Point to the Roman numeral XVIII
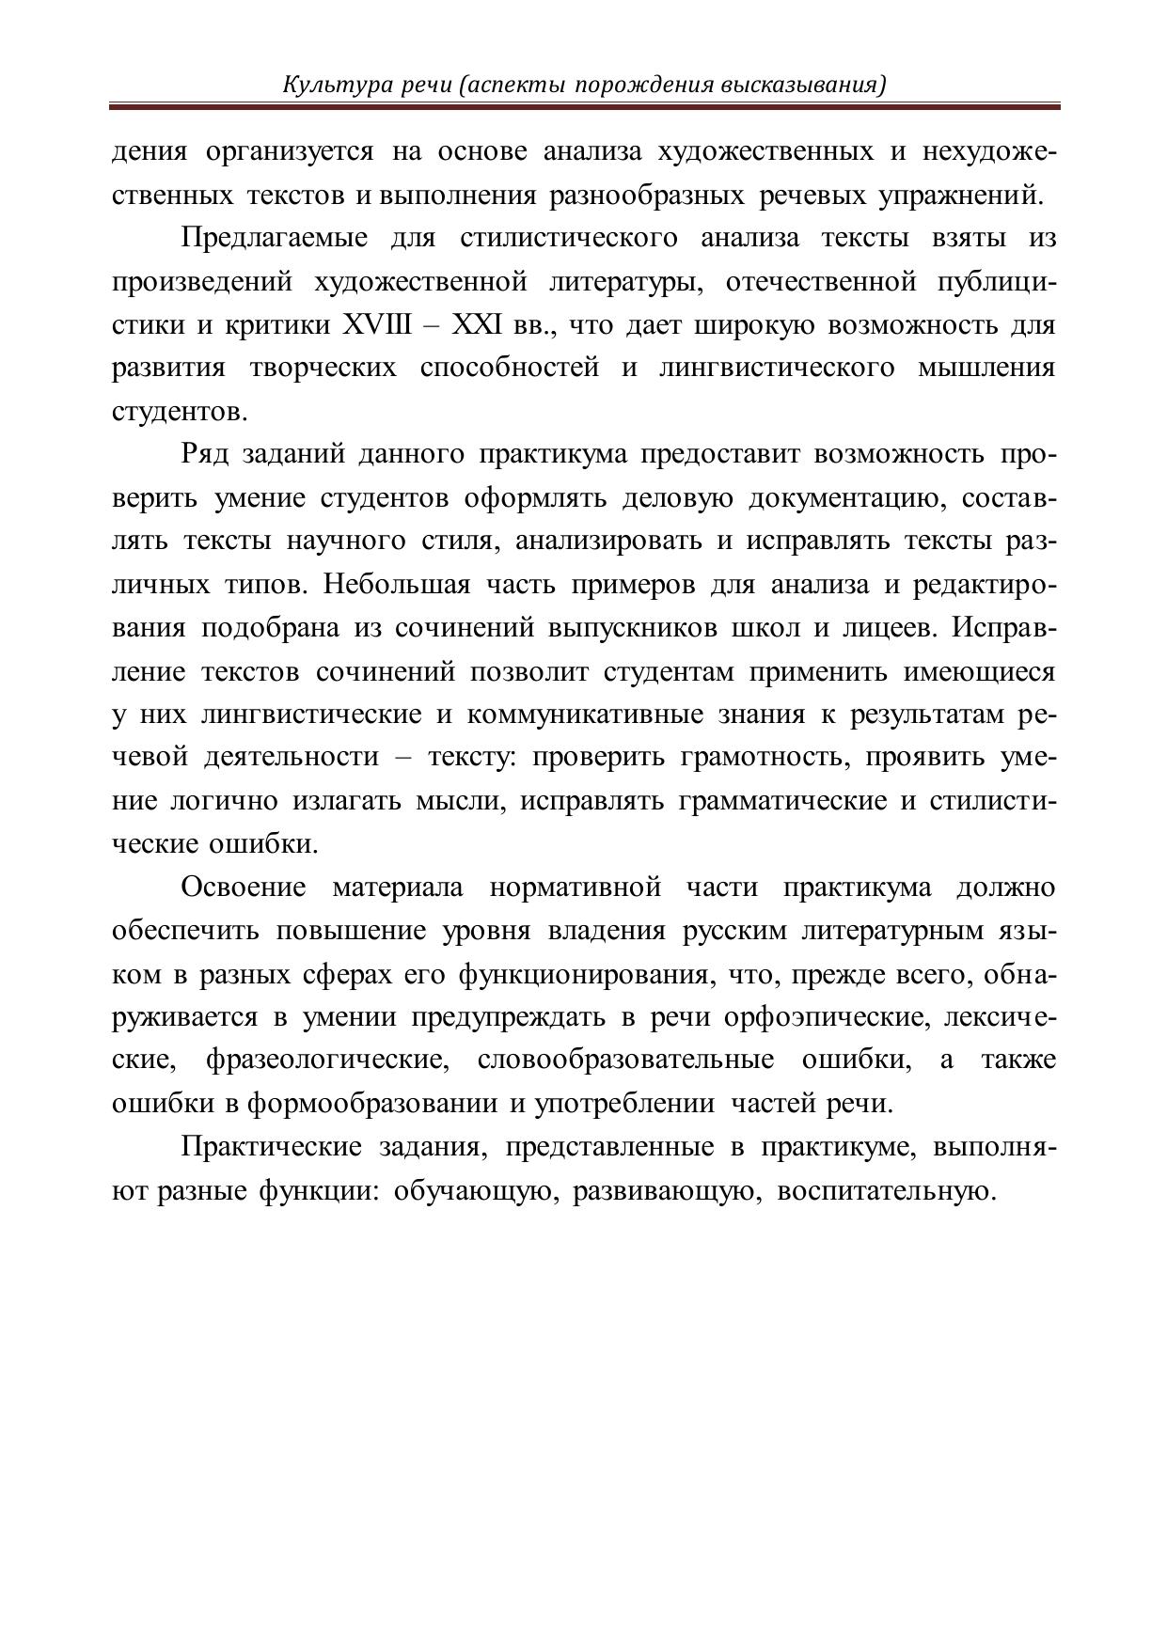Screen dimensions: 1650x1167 coord(377,325)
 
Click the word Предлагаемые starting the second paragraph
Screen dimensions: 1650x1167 coord(274,239)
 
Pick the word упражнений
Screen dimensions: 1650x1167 coord(959,196)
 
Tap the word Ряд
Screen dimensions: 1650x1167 coord(203,455)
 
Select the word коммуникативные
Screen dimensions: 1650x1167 coord(584,715)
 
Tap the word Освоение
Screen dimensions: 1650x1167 coord(244,888)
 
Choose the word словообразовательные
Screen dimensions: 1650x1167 coord(625,1061)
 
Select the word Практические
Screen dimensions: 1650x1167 coord(271,1148)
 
